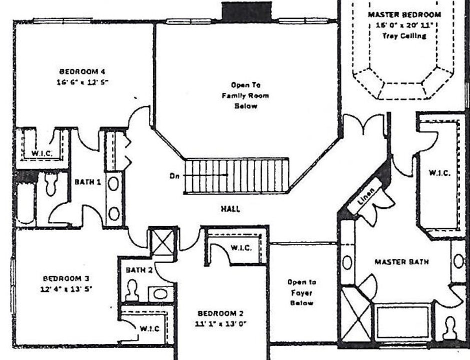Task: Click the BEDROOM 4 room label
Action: pyautogui.click(x=83, y=71)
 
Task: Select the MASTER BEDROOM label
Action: pyautogui.click(x=404, y=14)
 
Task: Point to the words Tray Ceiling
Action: pyautogui.click(x=404, y=35)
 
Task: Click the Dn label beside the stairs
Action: pyautogui.click(x=174, y=176)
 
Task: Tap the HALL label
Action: pyautogui.click(x=230, y=209)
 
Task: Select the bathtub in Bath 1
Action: pyautogui.click(x=25, y=202)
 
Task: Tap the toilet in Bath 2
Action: pyautogui.click(x=132, y=290)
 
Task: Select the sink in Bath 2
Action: pyautogui.click(x=161, y=293)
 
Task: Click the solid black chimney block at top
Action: pyautogui.click(x=246, y=11)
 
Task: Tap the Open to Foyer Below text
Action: pyautogui.click(x=302, y=292)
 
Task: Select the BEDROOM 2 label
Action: pyautogui.click(x=220, y=313)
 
